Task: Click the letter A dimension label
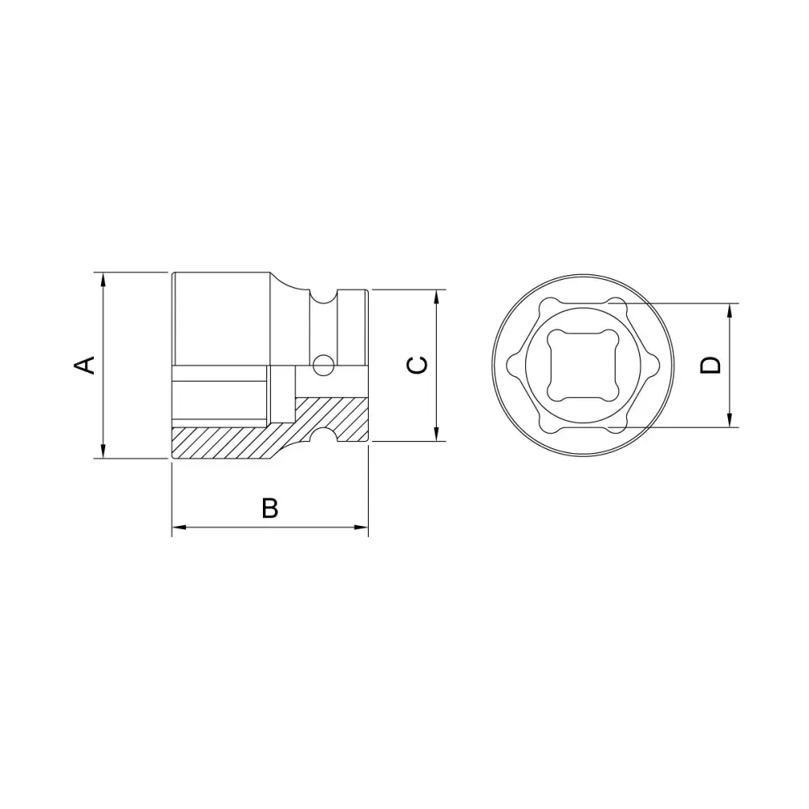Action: pos(85,365)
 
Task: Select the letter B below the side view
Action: pos(270,508)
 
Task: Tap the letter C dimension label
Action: pos(417,365)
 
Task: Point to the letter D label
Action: pos(710,365)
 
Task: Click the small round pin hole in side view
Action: pos(323,366)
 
